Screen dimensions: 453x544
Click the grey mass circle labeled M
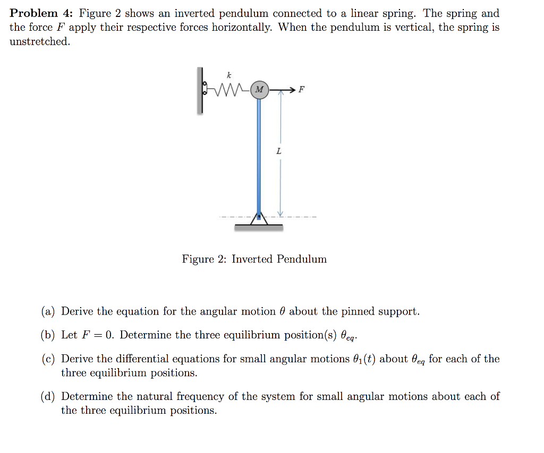[259, 90]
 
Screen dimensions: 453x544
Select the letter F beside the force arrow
[302, 89]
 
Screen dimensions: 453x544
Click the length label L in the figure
[279, 152]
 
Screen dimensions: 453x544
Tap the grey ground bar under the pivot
[259, 227]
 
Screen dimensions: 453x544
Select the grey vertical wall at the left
[200, 90]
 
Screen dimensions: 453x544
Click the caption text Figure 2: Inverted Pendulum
[254, 259]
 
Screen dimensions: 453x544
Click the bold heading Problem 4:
[41, 14]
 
